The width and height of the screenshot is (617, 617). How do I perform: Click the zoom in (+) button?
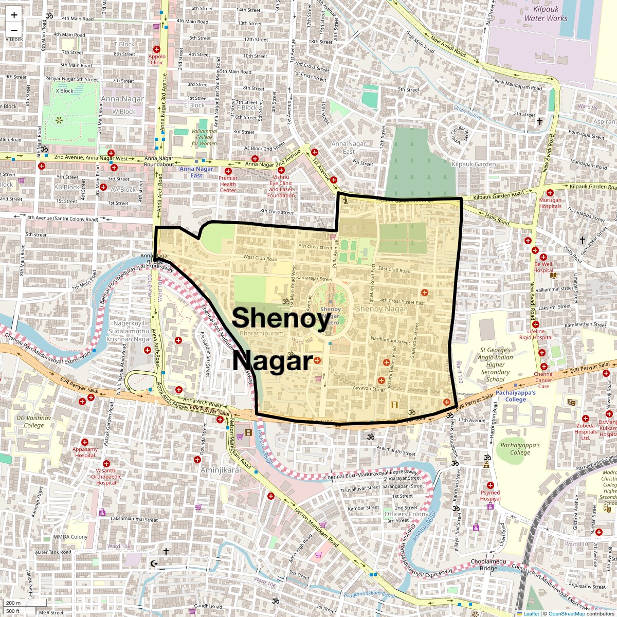[x=14, y=15]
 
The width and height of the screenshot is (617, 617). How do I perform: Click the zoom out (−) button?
[x=14, y=30]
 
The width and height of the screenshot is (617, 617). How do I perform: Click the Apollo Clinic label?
[x=157, y=59]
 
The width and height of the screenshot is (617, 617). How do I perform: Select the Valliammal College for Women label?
[x=204, y=137]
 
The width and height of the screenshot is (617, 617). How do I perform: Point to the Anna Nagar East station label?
[x=196, y=172]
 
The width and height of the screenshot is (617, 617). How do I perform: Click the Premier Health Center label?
[x=228, y=184]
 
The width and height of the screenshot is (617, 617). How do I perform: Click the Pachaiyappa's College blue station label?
[x=516, y=396]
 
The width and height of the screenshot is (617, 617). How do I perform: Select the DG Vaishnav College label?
[x=34, y=422]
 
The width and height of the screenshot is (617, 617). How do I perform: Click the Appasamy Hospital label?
[x=85, y=452]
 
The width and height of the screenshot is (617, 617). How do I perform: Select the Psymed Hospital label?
[x=490, y=496]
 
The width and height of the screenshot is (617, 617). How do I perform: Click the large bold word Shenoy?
[x=281, y=318]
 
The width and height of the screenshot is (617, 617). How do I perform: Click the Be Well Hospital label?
[x=543, y=267]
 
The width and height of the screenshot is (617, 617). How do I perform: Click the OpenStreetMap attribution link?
[x=566, y=613]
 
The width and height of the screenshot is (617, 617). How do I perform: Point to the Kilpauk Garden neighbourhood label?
[x=473, y=164]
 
